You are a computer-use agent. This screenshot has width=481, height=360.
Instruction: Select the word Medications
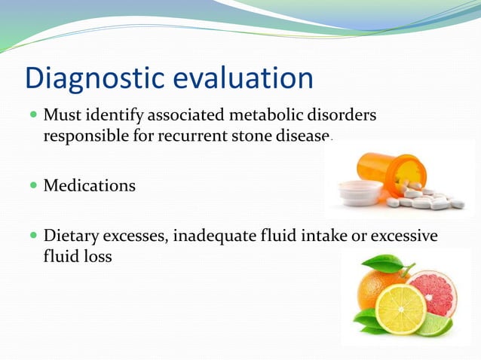coord(90,185)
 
